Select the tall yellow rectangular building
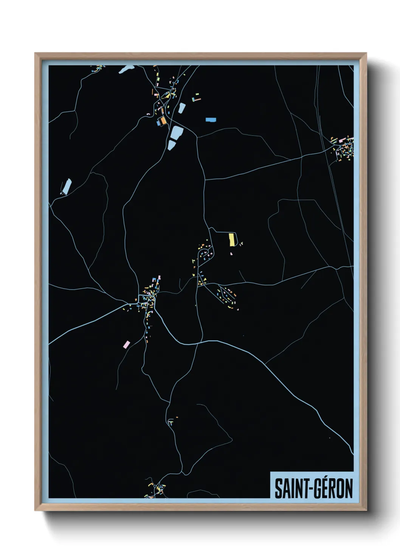tap(231, 240)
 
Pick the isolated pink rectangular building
tap(127, 344)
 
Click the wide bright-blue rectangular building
tap(211, 120)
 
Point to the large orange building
tap(163, 121)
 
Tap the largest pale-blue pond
tap(177, 133)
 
